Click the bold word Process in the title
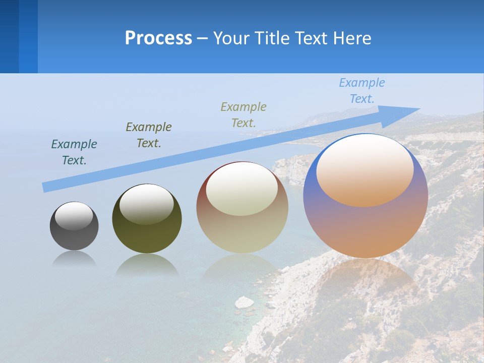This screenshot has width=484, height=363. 158,38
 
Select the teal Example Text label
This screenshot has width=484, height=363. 74,152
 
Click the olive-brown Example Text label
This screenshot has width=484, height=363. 149,135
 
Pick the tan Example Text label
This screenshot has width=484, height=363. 244,115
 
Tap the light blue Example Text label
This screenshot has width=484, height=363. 362,91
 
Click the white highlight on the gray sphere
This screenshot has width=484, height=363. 74,216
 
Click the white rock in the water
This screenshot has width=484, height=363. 245,302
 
